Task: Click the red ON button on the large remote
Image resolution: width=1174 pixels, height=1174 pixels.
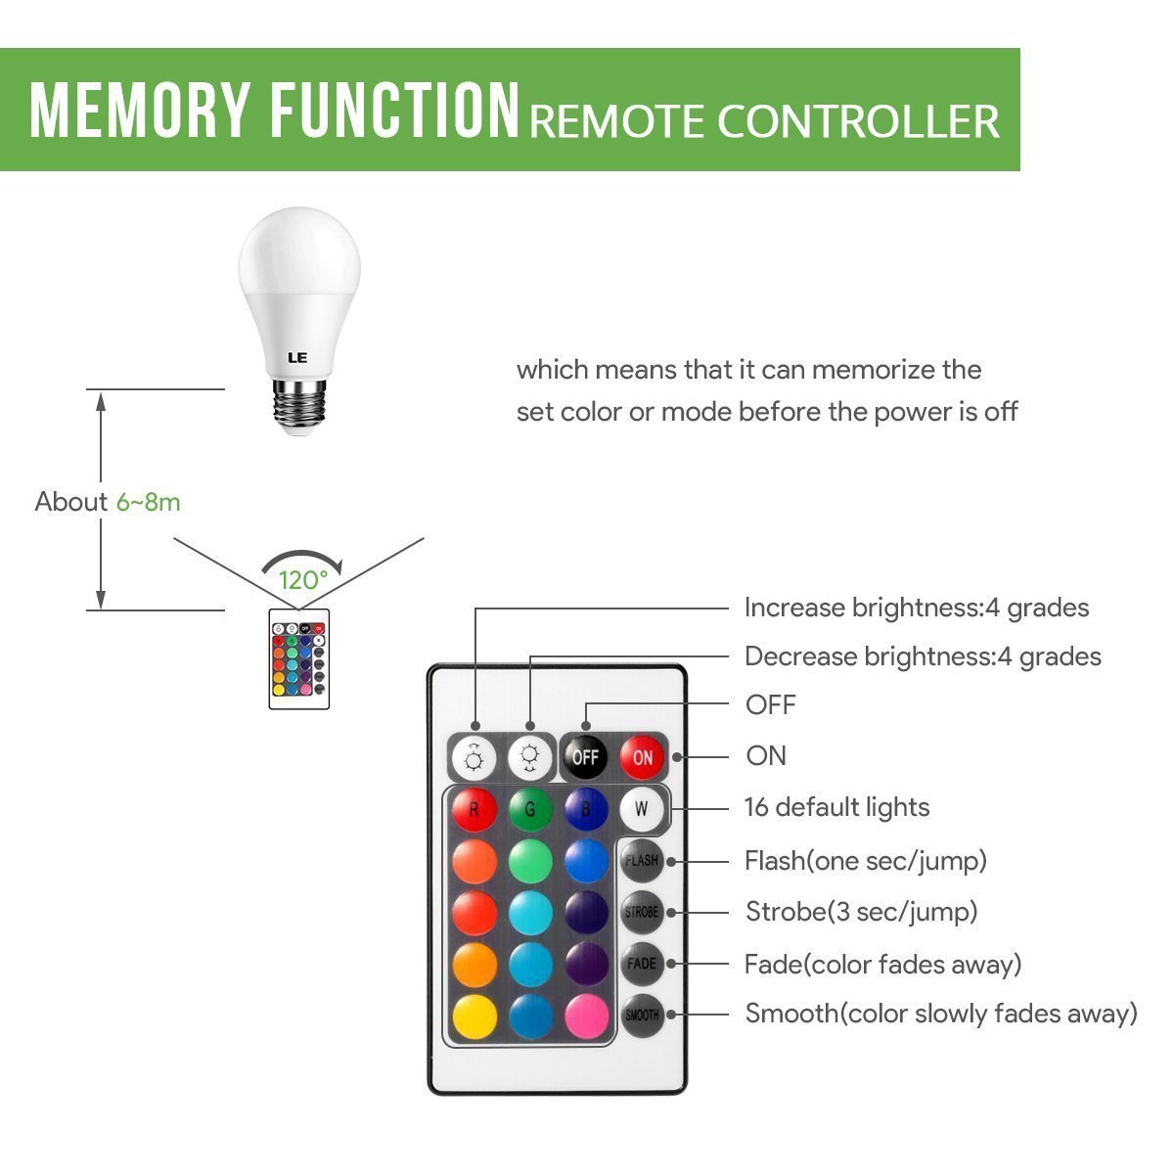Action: point(643,757)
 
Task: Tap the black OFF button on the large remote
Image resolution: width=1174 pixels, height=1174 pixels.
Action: point(585,757)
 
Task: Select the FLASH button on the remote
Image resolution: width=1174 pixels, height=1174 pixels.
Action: point(642,861)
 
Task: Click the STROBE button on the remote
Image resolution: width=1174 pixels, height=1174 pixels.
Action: point(642,913)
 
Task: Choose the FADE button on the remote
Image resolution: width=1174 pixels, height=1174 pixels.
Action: point(642,964)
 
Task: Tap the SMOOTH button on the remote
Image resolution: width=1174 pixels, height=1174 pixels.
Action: point(642,1016)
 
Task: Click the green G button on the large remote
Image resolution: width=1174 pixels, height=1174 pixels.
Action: point(529,810)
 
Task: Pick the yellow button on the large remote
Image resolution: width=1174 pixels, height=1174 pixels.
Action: point(474,1016)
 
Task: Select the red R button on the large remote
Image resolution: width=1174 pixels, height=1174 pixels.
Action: point(474,810)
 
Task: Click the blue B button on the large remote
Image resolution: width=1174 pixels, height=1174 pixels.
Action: point(585,810)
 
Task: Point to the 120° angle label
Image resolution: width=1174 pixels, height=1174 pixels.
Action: point(302,580)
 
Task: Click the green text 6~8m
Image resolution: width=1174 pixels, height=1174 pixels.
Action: point(149,502)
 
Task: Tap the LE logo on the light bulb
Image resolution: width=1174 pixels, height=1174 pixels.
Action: point(298,357)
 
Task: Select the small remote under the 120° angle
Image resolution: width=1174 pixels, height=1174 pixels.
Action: point(299,659)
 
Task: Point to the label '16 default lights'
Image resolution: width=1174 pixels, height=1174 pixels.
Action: point(836,808)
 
